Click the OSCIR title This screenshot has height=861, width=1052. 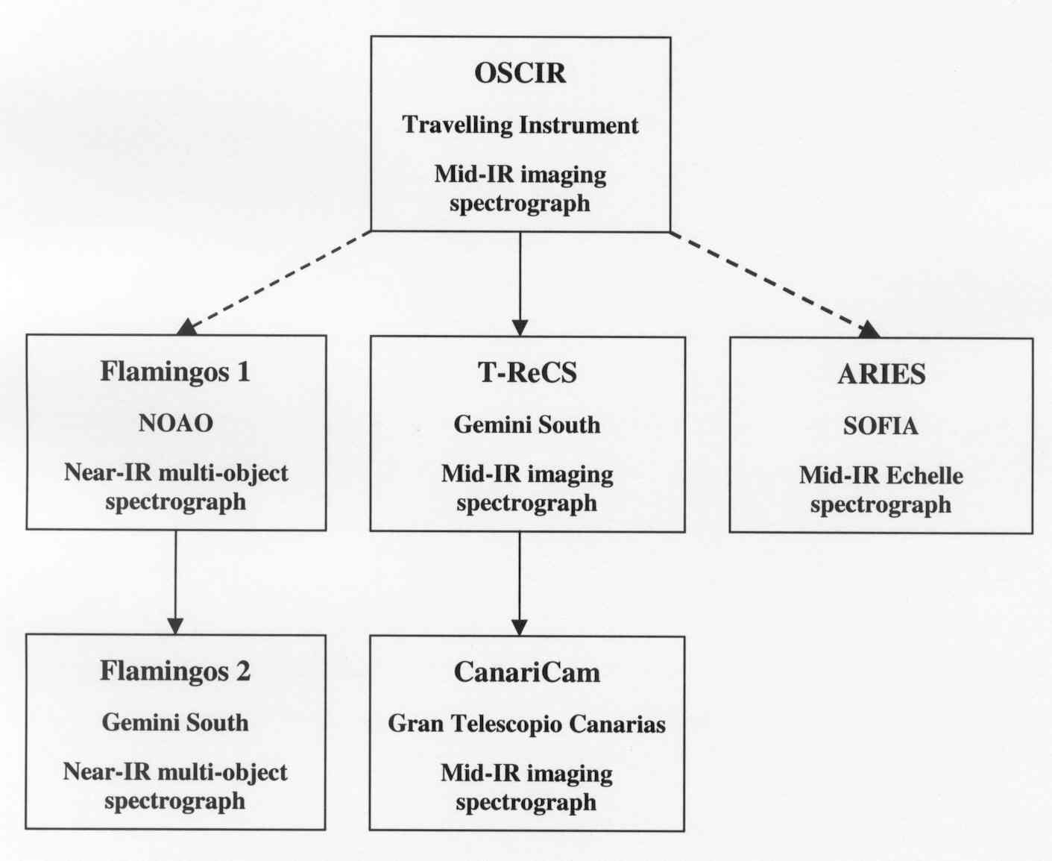coord(520,73)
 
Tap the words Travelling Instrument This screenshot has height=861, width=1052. coord(520,125)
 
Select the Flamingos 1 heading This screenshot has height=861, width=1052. coord(175,372)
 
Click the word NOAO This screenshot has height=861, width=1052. coord(176,424)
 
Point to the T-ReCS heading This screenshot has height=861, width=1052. coord(527,372)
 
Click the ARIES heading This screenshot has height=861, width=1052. coord(881,375)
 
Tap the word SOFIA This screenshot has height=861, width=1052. coord(881,426)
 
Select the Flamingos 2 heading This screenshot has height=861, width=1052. coord(175,671)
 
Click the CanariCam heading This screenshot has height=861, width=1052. coord(527,672)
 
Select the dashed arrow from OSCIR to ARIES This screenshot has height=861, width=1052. coord(775,284)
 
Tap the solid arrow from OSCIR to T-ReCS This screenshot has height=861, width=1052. coord(520,284)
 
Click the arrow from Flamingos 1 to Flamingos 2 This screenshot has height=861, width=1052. coord(176,582)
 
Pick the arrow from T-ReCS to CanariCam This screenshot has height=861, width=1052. coord(520,583)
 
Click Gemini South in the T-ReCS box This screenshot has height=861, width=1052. coord(527,425)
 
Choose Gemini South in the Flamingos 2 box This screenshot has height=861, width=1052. coord(175,723)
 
